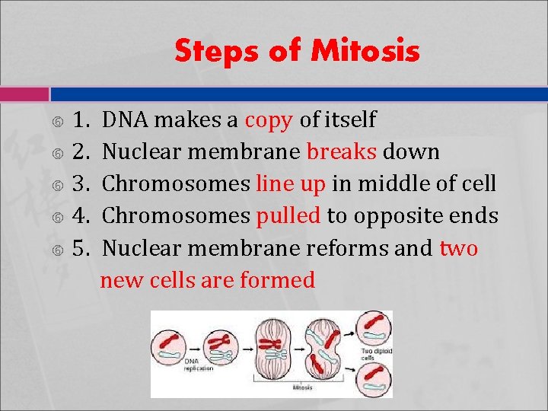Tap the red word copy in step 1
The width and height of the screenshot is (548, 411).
[x=269, y=119]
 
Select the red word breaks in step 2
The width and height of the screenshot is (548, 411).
[x=342, y=151]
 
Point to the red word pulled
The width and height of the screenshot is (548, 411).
[x=288, y=215]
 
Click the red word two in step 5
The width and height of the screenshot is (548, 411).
[x=459, y=247]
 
